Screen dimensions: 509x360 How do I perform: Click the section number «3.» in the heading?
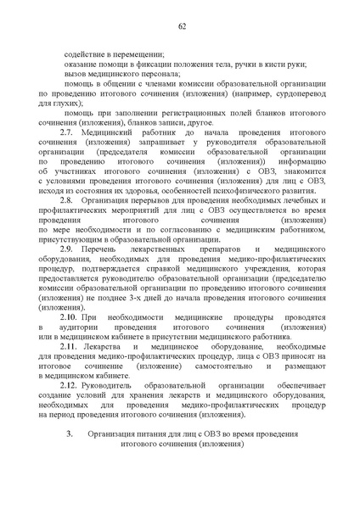70,461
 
